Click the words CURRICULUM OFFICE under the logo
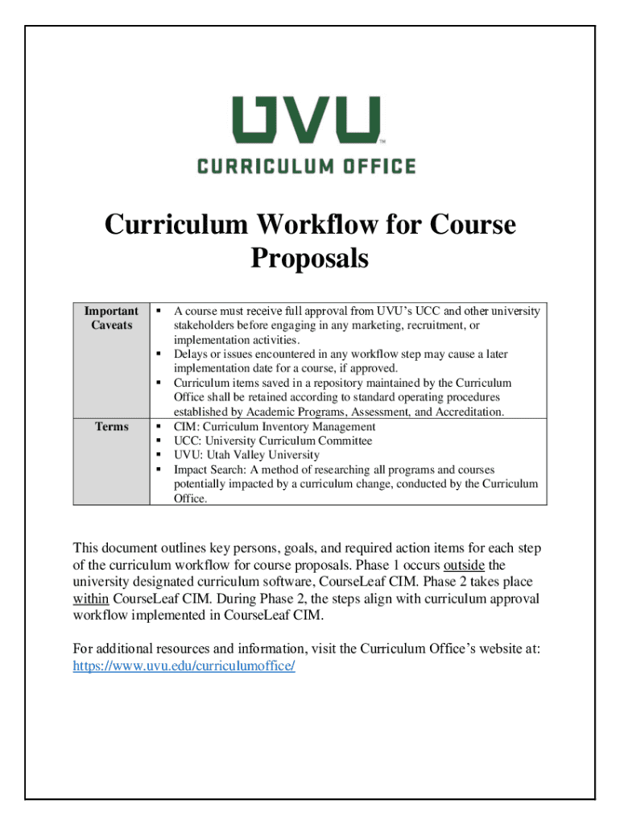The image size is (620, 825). click(307, 167)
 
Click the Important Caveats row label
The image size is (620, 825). click(112, 317)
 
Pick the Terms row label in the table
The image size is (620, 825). click(112, 426)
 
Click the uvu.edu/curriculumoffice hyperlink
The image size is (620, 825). click(184, 666)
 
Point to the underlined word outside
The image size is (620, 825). click(464, 565)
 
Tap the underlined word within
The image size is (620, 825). click(91, 599)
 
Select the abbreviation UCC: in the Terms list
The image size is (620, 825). click(188, 441)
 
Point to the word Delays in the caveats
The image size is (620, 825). click(190, 354)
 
